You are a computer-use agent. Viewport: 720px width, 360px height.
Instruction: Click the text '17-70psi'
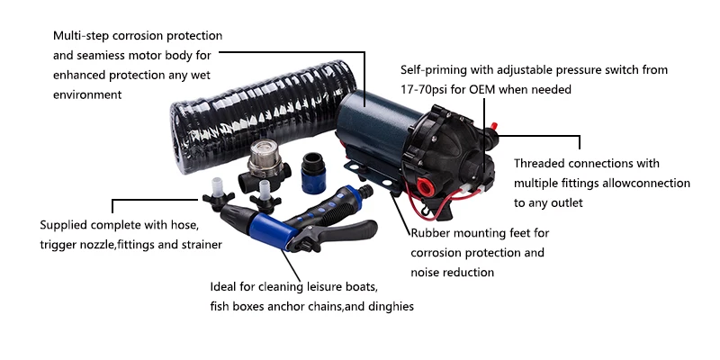point(426,90)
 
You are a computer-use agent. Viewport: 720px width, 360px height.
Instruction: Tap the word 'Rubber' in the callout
point(433,233)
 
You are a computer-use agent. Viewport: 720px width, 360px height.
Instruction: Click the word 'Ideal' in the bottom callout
point(224,287)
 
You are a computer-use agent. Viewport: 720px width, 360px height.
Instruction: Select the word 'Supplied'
point(67,224)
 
